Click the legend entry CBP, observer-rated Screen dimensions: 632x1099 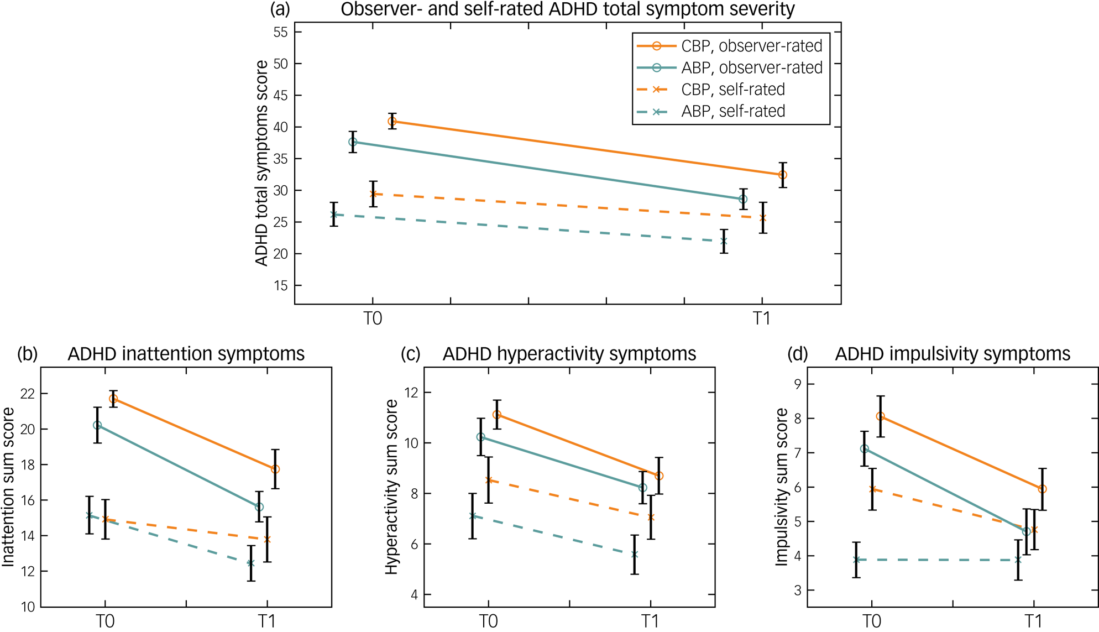click(751, 46)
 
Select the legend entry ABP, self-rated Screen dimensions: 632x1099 click(732, 111)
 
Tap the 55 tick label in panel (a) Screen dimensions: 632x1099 click(280, 32)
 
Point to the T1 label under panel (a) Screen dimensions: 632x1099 click(762, 319)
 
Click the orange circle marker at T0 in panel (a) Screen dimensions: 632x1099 click(392, 121)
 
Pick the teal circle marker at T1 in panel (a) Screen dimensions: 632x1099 click(743, 199)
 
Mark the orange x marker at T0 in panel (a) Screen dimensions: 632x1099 click(373, 194)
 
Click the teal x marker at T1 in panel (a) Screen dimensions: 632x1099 click(724, 242)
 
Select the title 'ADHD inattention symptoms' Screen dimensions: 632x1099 click(186, 354)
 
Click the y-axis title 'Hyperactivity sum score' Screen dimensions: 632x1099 click(391, 487)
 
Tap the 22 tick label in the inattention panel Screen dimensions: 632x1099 click(28, 394)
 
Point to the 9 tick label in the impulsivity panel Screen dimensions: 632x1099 click(797, 384)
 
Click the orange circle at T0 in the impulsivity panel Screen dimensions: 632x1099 click(881, 416)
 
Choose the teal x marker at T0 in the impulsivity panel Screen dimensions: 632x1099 click(856, 560)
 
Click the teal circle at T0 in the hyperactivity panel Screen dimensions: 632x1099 click(480, 437)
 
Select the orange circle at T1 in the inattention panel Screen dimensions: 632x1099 click(275, 469)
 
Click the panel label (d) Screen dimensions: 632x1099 click(797, 354)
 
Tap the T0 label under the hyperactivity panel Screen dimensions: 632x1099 click(488, 621)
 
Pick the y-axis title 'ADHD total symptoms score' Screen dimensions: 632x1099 click(261, 163)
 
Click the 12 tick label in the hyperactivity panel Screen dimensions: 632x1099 click(411, 393)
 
